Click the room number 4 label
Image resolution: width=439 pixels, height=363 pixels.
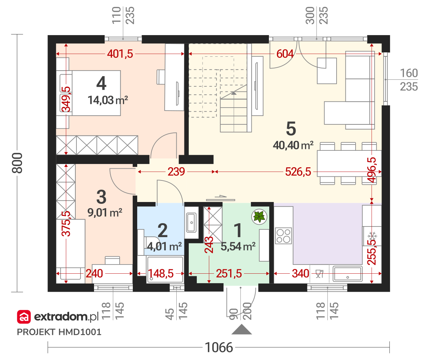pos(101,83)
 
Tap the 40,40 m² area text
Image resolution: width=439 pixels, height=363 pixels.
pos(293,145)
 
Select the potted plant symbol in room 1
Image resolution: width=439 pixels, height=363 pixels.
pos(259,216)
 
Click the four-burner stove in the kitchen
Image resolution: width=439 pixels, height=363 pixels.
pos(284,236)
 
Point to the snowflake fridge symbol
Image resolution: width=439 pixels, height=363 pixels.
pos(372,236)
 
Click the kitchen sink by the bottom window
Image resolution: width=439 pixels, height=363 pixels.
pos(348,274)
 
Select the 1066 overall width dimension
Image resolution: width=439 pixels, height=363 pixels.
pos(219,347)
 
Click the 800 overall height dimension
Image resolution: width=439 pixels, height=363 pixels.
pos(17,163)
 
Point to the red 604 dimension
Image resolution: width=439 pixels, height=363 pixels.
pos(285,54)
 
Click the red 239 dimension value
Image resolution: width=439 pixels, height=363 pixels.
pos(176,172)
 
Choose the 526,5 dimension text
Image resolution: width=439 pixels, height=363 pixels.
pos(298,172)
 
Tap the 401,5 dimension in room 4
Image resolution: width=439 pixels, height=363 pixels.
pos(120,54)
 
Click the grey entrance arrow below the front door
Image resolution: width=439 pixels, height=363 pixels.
pos(241,329)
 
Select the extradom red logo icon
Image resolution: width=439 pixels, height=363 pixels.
pos(24,317)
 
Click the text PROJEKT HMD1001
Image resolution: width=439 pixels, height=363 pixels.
pos(59,332)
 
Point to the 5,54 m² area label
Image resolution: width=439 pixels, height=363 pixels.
pos(238,247)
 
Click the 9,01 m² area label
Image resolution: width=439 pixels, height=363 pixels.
pos(105,213)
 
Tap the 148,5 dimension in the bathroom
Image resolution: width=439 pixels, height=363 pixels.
pos(161,274)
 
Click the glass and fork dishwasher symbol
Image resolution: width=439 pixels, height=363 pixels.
pos(319,274)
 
